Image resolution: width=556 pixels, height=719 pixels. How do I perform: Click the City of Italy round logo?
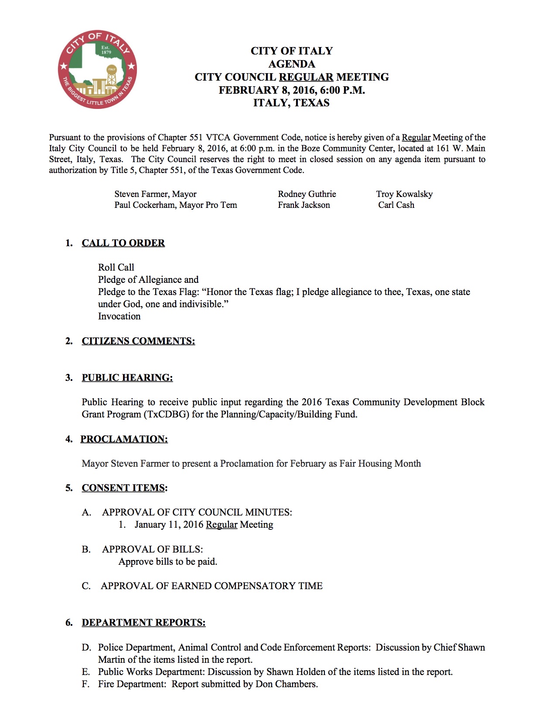tap(98, 70)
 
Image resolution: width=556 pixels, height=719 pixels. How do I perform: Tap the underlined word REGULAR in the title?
tap(306, 77)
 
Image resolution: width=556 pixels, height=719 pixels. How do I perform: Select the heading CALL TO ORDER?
tap(123, 243)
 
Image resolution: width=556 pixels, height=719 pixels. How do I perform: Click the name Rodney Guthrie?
tap(307, 194)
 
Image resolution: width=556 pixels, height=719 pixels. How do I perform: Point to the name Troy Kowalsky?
tap(404, 194)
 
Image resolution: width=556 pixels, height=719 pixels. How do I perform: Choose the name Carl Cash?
tap(396, 205)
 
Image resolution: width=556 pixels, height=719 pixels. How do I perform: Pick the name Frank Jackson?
tap(304, 205)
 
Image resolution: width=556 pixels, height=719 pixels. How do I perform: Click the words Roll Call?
tap(116, 267)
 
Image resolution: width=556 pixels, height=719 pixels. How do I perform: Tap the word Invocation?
tap(119, 316)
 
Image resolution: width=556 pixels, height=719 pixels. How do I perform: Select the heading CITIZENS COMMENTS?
tap(138, 341)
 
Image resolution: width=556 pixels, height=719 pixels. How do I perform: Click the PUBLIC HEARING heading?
tap(127, 377)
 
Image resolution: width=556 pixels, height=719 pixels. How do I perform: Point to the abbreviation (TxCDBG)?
tap(166, 414)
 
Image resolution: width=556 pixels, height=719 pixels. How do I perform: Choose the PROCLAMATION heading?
tap(124, 439)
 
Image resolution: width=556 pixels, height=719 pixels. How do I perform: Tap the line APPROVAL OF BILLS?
tap(152, 549)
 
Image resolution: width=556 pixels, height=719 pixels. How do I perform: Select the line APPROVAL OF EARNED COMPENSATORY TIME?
tap(211, 586)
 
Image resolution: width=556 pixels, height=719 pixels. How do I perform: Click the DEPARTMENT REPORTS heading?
tap(143, 622)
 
